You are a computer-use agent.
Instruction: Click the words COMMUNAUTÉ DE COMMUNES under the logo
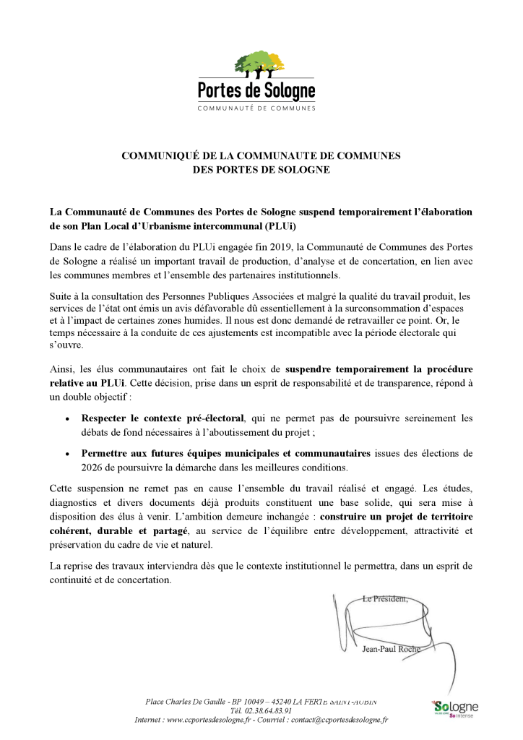click(x=256, y=108)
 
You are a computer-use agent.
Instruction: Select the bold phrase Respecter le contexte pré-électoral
click(x=163, y=418)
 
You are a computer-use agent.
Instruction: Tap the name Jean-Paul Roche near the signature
click(x=391, y=648)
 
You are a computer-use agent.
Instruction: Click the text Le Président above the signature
click(x=385, y=598)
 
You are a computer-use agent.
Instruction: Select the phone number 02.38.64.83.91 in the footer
click(x=262, y=710)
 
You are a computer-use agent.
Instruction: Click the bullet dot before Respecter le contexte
click(x=67, y=418)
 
